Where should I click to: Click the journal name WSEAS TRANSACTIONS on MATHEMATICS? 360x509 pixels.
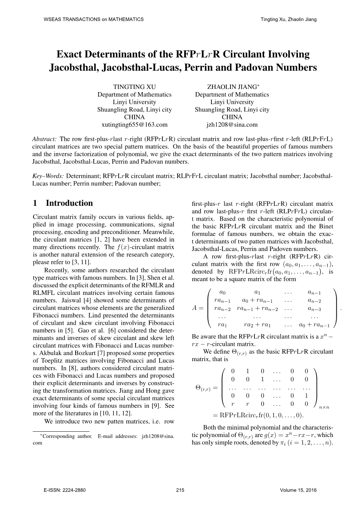pos(93,19)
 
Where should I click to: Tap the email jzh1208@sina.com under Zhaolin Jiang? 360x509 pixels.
pos(232,125)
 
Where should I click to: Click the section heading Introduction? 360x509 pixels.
pos(69,203)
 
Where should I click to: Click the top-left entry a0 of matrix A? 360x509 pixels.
pos(222,292)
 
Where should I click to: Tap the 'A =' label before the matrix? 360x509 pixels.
pos(198,308)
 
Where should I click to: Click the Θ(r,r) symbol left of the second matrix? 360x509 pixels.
pos(203,388)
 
